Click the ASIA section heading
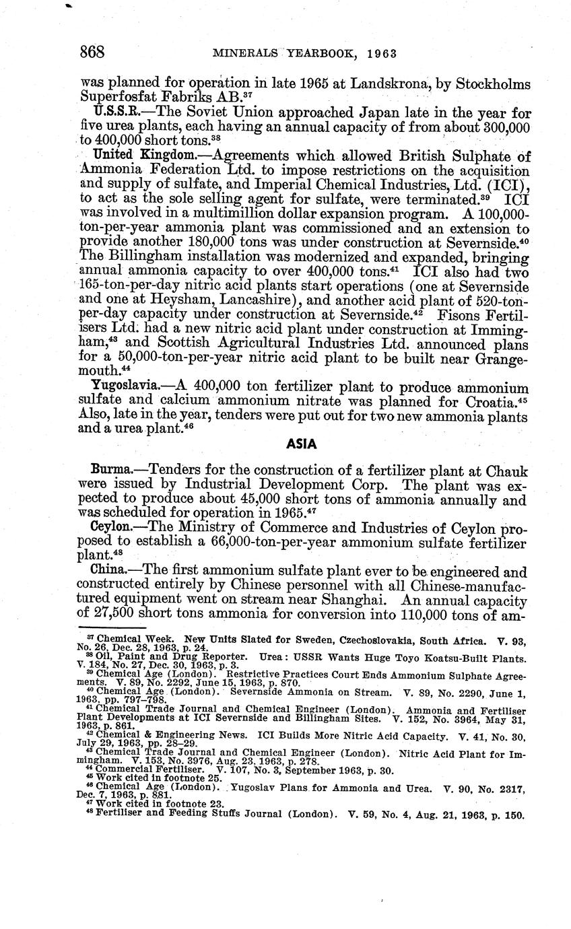click(x=302, y=444)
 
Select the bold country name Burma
click(x=108, y=470)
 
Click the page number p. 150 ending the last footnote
click(x=507, y=815)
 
